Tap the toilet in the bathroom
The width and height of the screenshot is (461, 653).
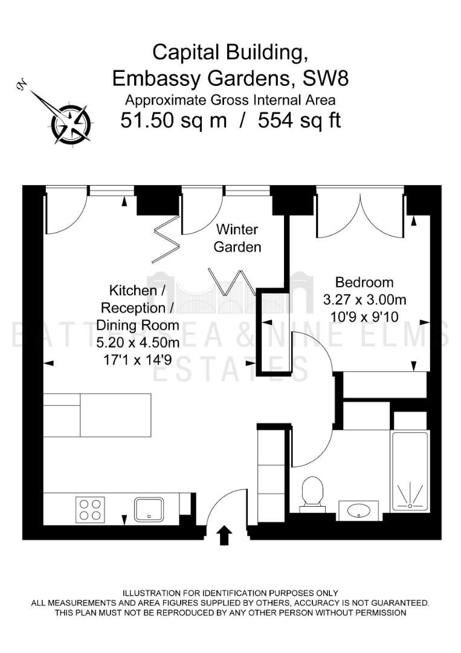tap(312, 494)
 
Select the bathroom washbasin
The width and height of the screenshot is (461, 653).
tap(358, 510)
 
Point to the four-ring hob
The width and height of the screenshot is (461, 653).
tap(90, 509)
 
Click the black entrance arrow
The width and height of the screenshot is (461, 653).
tap(224, 534)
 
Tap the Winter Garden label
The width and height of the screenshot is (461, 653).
tap(237, 238)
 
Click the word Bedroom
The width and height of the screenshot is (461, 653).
tap(364, 282)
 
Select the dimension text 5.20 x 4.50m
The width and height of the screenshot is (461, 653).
tap(138, 342)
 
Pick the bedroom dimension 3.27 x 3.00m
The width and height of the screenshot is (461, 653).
tap(364, 299)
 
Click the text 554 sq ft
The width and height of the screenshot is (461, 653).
tap(299, 121)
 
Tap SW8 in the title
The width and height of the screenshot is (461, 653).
tap(326, 78)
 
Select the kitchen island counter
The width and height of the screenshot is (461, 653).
tap(97, 415)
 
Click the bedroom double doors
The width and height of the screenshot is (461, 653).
tap(360, 214)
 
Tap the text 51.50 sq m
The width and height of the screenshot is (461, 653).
tap(173, 121)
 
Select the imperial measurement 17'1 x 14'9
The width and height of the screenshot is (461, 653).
tap(137, 359)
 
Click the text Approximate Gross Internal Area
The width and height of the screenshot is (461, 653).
tap(231, 100)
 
